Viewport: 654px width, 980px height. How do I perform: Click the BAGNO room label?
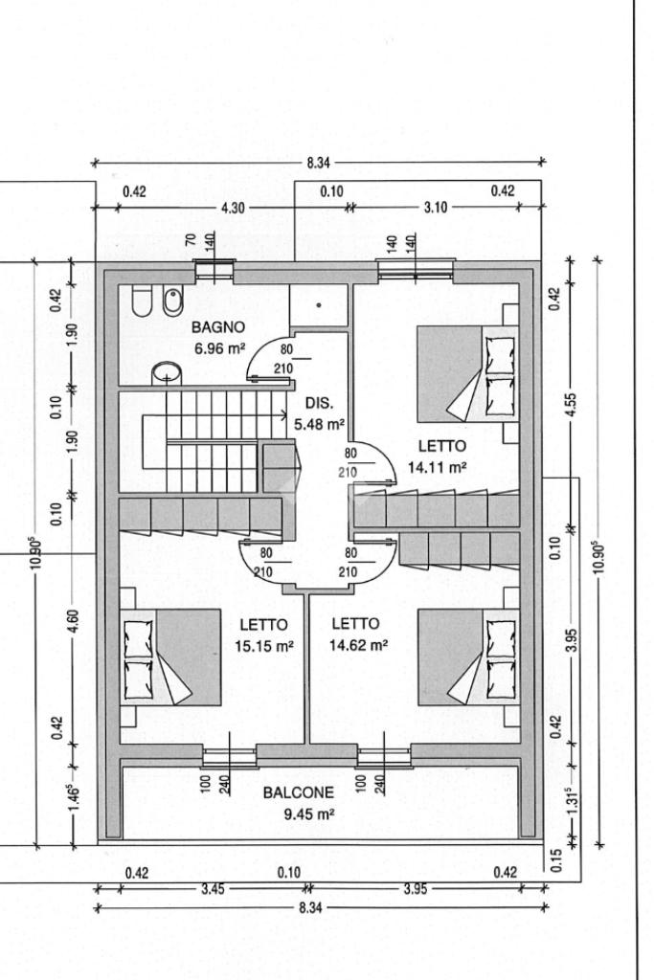(217, 327)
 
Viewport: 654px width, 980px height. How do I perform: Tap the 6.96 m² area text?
(219, 348)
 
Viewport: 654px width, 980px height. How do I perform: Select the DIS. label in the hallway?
(319, 403)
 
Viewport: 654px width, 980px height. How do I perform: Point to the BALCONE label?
(298, 792)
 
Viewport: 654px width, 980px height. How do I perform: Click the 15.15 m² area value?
(264, 646)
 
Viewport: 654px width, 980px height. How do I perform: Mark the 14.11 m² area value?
(437, 467)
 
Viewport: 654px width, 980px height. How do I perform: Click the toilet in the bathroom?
(142, 301)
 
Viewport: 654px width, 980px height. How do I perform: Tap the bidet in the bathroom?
(171, 301)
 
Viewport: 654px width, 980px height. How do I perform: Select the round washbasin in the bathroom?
(167, 373)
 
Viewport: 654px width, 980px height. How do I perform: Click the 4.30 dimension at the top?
(234, 208)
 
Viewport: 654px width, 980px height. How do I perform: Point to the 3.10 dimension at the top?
(436, 208)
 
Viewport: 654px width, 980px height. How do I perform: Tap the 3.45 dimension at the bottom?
(213, 889)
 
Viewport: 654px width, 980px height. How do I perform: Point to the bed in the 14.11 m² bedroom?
(468, 374)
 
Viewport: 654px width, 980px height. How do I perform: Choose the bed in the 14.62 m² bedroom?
(468, 657)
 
